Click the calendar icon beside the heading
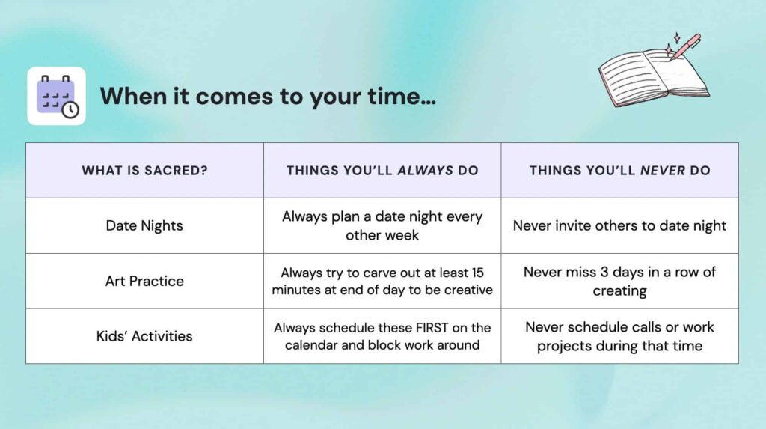pyautogui.click(x=56, y=96)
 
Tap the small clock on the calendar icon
pyautogui.click(x=70, y=109)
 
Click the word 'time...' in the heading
pyautogui.click(x=402, y=96)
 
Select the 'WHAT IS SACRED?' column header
pyautogui.click(x=144, y=170)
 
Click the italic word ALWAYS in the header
pyautogui.click(x=425, y=170)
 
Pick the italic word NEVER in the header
pyautogui.click(x=663, y=170)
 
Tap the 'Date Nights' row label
pyautogui.click(x=144, y=225)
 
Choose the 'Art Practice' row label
pyautogui.click(x=144, y=281)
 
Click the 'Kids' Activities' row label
pyautogui.click(x=144, y=336)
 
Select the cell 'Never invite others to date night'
pyautogui.click(x=619, y=225)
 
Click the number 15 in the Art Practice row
pyautogui.click(x=477, y=273)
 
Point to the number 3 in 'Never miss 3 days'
pyautogui.click(x=604, y=272)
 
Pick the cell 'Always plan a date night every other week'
pyautogui.click(x=382, y=225)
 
